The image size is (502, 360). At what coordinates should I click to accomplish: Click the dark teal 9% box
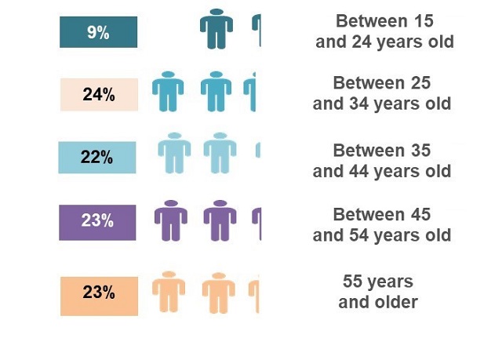pyautogui.click(x=98, y=32)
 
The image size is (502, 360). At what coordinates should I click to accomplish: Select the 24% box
pyautogui.click(x=99, y=95)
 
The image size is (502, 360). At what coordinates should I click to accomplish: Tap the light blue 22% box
pyautogui.click(x=97, y=157)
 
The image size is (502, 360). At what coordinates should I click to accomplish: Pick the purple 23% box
pyautogui.click(x=98, y=220)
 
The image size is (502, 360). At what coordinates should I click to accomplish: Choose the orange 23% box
pyautogui.click(x=99, y=293)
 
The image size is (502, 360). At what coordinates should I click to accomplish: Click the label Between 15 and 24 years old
pyautogui.click(x=384, y=31)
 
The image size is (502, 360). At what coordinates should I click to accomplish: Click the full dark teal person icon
pyautogui.click(x=216, y=29)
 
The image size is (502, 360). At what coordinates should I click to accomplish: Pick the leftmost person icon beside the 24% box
pyautogui.click(x=167, y=91)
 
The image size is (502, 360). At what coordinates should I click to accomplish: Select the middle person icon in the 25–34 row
pyautogui.click(x=216, y=91)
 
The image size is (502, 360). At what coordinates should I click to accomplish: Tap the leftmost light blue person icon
pyautogui.click(x=174, y=152)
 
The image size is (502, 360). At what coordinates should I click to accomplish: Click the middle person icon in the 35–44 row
pyautogui.click(x=220, y=152)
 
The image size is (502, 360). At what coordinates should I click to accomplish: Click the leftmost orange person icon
pyautogui.click(x=168, y=292)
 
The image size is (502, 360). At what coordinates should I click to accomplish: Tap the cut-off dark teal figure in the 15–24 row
pyautogui.click(x=256, y=30)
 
